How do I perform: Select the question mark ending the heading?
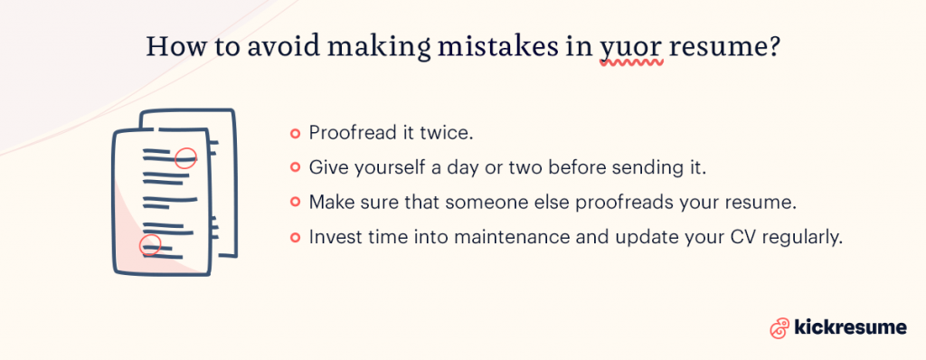click(x=776, y=48)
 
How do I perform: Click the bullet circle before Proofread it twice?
click(x=295, y=133)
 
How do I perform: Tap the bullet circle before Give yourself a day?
click(x=295, y=167)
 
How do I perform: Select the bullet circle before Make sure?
click(x=295, y=203)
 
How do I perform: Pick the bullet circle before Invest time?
click(x=295, y=237)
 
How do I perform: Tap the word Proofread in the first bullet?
click(x=352, y=133)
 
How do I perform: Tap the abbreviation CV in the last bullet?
click(x=723, y=237)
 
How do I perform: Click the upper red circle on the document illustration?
click(x=184, y=157)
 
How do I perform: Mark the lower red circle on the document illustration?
click(x=149, y=244)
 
